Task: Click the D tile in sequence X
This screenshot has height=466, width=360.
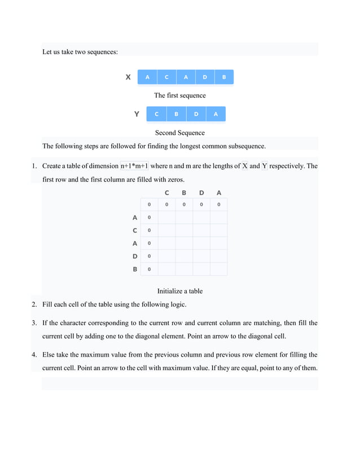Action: click(x=205, y=77)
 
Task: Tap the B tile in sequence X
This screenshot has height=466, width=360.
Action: click(x=224, y=77)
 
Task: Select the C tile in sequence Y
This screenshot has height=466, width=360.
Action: click(x=156, y=114)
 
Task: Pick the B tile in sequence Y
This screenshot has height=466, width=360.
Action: click(x=176, y=114)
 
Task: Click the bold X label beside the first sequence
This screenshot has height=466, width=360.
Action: click(x=128, y=77)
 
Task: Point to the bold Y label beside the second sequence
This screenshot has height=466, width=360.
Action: click(x=137, y=114)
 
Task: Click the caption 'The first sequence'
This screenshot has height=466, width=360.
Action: click(x=180, y=95)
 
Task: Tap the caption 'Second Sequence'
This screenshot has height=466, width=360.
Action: click(x=180, y=133)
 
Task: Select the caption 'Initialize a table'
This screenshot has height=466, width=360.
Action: click(x=180, y=291)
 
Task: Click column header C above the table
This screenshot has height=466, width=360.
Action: click(x=166, y=193)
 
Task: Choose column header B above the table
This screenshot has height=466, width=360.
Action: click(x=184, y=193)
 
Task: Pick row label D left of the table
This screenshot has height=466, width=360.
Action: click(x=135, y=256)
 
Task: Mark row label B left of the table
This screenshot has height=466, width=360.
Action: click(x=135, y=269)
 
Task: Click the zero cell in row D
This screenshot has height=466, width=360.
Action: click(x=149, y=256)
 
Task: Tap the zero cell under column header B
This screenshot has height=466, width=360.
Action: click(x=184, y=204)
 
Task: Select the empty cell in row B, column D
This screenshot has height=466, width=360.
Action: click(x=201, y=269)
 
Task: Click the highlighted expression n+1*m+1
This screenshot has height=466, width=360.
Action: click(x=134, y=166)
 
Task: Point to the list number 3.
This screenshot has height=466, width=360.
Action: click(x=34, y=323)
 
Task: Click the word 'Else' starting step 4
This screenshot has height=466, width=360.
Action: click(x=49, y=355)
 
